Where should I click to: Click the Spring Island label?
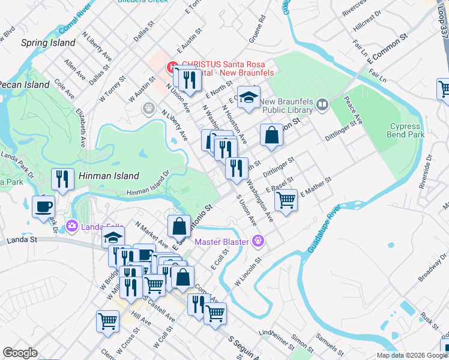coord(48,43)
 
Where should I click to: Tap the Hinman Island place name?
coord(108,176)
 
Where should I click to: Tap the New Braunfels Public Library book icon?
coord(322,106)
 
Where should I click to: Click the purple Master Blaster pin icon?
coord(259,242)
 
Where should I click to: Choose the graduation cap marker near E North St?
coord(247,97)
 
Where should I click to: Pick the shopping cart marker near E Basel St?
coord(287,199)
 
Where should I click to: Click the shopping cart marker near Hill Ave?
coord(108,320)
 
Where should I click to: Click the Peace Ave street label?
coord(357,113)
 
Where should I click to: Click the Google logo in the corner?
coord(20,353)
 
